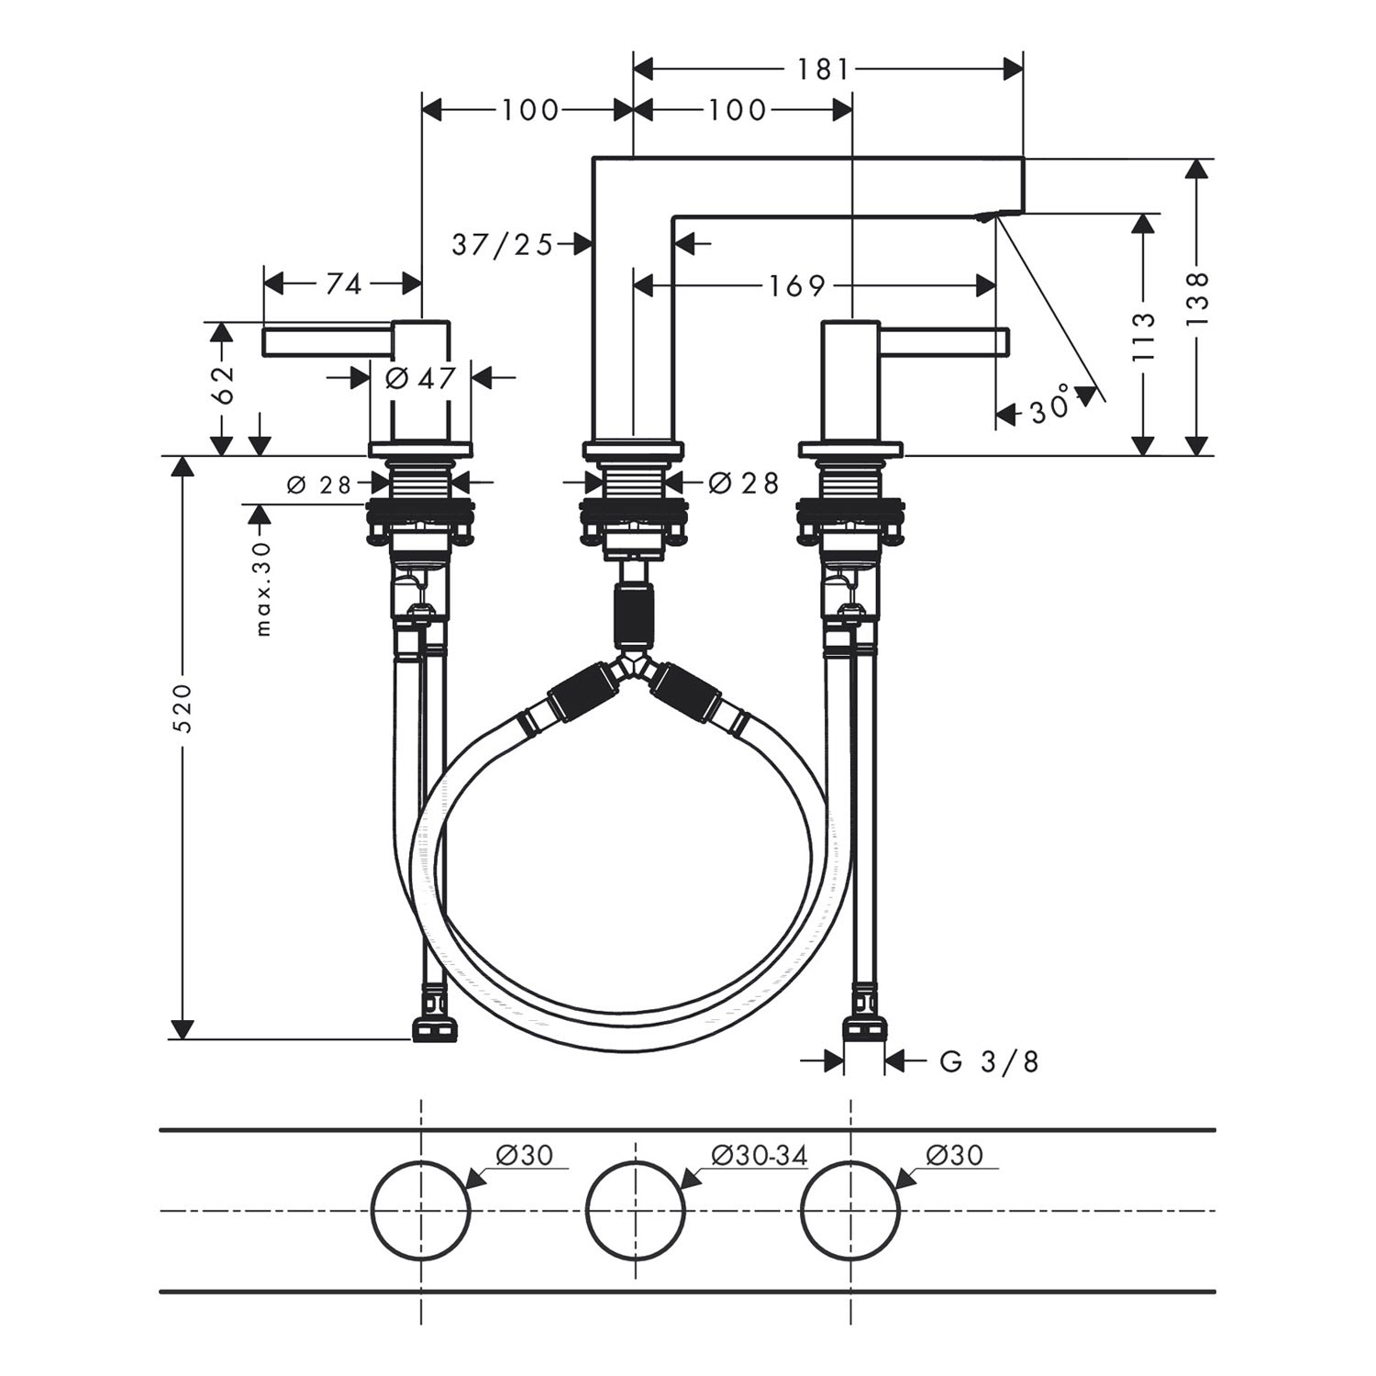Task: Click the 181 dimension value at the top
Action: pyautogui.click(x=823, y=69)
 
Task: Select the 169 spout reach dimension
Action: pyautogui.click(x=797, y=286)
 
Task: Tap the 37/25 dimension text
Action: pyautogui.click(x=503, y=244)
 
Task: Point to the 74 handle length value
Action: pyautogui.click(x=343, y=284)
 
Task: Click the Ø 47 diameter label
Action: pyautogui.click(x=420, y=377)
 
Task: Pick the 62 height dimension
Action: pyautogui.click(x=223, y=385)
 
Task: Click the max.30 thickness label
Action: pyautogui.click(x=264, y=588)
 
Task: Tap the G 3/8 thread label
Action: pyautogui.click(x=990, y=1061)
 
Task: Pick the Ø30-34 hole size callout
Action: pyautogui.click(x=759, y=1155)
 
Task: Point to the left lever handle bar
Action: pyautogui.click(x=328, y=341)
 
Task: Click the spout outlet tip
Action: pyautogui.click(x=987, y=217)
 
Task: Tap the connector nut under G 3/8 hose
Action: pyautogui.click(x=864, y=1028)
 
